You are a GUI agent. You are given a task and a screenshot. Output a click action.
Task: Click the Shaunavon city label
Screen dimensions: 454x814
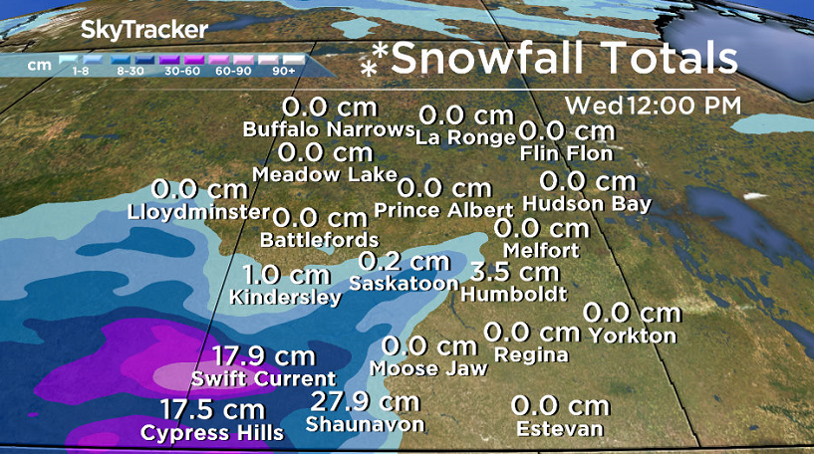[x=365, y=425]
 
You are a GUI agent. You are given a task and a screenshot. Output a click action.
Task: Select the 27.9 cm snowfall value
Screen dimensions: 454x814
[x=365, y=401]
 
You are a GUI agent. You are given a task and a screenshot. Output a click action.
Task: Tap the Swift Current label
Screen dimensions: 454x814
[x=264, y=378]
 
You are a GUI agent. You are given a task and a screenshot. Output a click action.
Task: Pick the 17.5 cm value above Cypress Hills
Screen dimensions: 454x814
[x=212, y=409]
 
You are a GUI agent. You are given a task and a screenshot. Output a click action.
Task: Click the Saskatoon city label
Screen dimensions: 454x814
[x=404, y=284]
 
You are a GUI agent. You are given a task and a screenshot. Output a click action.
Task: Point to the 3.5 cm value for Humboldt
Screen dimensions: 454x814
[x=515, y=271]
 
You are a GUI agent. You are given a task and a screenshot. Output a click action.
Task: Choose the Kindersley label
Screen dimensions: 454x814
[x=285, y=297]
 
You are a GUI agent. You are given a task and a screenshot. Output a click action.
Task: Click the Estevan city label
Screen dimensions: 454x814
[x=560, y=429]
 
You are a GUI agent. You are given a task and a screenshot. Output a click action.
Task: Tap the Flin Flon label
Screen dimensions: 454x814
[x=567, y=153]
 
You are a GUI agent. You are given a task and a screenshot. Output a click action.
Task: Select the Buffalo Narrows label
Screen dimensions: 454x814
[x=329, y=129]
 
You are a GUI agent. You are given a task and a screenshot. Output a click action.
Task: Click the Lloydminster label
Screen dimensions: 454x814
[x=199, y=212]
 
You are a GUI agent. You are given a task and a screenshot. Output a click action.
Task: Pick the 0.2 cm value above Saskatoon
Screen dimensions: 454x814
[x=404, y=261]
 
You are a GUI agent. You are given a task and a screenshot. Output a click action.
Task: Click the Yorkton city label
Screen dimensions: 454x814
[x=632, y=336]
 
